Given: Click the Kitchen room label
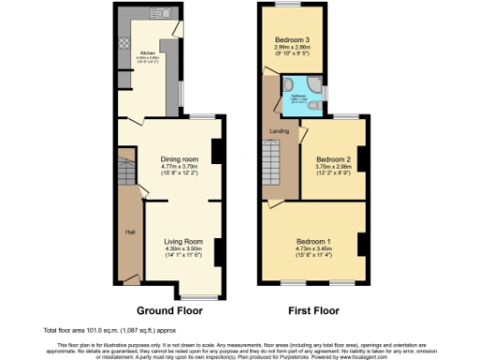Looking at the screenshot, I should [148, 53].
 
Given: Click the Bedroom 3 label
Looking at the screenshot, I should [292, 41].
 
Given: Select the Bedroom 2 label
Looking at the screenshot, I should [333, 160].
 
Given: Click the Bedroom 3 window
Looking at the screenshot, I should [292, 7].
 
